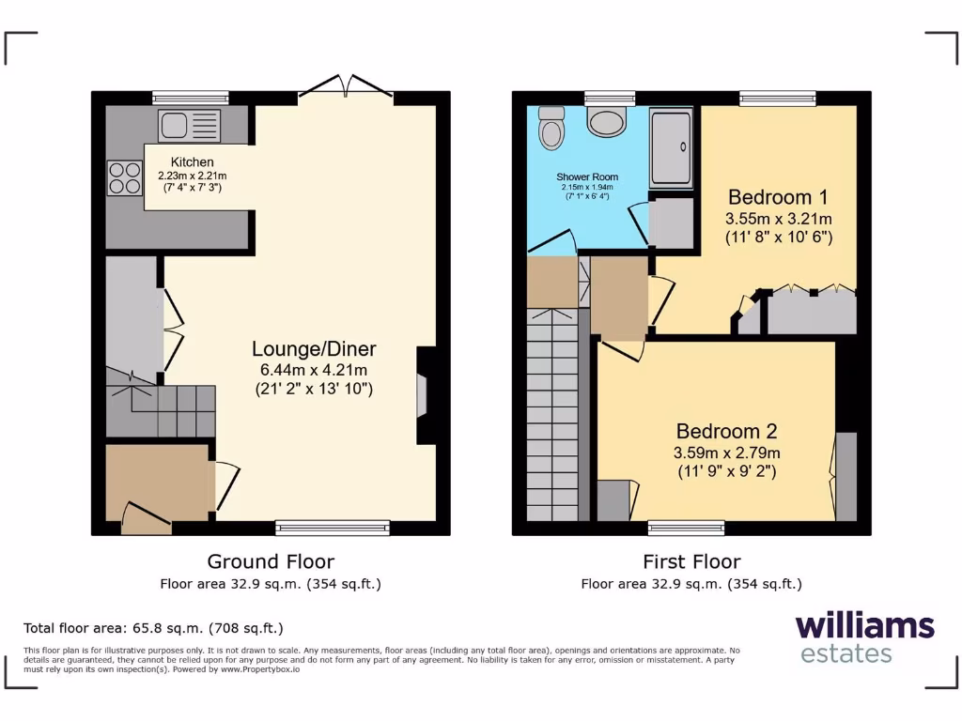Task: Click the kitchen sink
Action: click(x=190, y=125)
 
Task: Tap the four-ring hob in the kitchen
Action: click(x=123, y=178)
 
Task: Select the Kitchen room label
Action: click(x=192, y=162)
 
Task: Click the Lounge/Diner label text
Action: click(x=314, y=349)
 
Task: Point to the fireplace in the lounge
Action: click(x=424, y=395)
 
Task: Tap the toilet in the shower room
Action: click(x=551, y=129)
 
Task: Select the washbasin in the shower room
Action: click(x=605, y=121)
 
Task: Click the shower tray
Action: click(x=671, y=147)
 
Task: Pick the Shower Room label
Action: click(x=586, y=176)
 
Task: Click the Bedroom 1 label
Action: click(x=777, y=197)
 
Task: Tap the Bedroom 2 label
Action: click(x=726, y=432)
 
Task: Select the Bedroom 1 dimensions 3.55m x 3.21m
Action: click(x=778, y=218)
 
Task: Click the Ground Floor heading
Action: click(x=271, y=561)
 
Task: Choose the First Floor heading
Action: click(x=691, y=561)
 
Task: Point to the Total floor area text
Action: click(x=153, y=628)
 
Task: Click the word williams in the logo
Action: click(x=864, y=626)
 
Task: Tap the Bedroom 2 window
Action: click(x=686, y=528)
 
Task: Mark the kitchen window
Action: click(x=191, y=98)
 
